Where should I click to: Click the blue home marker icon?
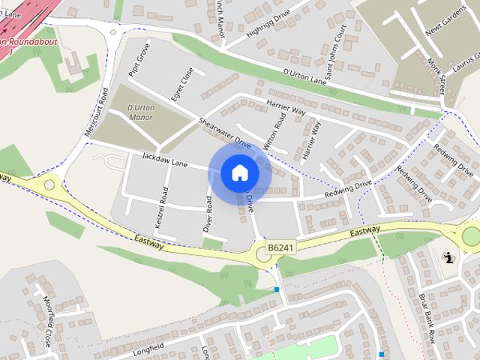coord(239,173)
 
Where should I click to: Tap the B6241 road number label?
coord(280,247)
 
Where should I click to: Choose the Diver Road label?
coord(209,214)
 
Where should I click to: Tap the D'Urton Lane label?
coord(305,75)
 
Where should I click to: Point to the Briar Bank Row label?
coord(427,314)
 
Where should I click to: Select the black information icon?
coord(449,258)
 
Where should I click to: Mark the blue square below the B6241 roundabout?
coord(276,289)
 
